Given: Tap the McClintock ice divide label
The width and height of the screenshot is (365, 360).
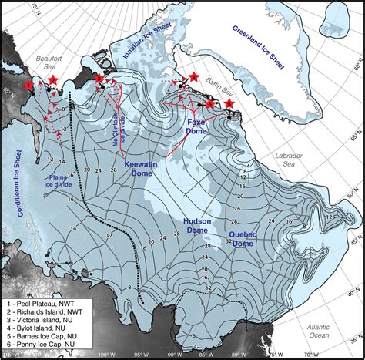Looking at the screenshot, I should tap(116, 116).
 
